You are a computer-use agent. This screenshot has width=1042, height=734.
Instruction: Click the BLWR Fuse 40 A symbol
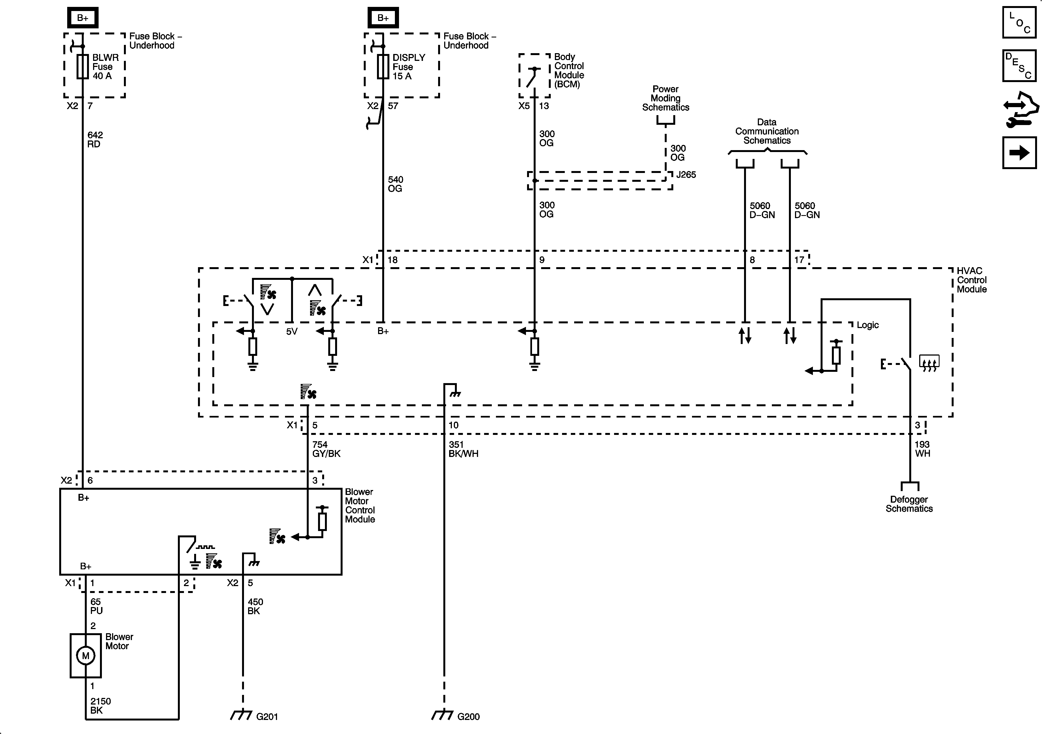[83, 67]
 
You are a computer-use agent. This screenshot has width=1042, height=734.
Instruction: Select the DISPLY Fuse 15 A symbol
[383, 67]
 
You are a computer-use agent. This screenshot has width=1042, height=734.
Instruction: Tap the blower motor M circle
[85, 656]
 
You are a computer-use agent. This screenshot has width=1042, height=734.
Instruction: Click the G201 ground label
[267, 717]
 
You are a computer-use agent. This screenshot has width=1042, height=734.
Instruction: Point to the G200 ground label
[468, 717]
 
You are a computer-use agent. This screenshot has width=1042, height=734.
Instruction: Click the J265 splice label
[686, 175]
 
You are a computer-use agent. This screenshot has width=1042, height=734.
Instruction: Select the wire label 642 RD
[95, 139]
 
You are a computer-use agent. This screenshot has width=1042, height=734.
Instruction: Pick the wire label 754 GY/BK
[326, 449]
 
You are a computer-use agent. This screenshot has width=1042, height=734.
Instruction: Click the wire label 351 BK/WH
[463, 449]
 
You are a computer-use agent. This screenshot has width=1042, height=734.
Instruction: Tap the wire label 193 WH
[922, 449]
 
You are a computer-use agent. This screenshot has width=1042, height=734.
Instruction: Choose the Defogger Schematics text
[909, 504]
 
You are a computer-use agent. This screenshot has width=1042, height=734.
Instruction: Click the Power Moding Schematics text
[665, 98]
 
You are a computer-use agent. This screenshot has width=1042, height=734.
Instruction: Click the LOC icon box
[1019, 22]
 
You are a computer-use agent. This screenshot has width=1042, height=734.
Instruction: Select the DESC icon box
[1019, 66]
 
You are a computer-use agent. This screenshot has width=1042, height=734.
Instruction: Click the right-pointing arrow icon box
[1019, 153]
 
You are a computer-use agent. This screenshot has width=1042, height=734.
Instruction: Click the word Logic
[867, 325]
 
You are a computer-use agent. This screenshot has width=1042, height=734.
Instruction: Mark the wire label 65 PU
[96, 606]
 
